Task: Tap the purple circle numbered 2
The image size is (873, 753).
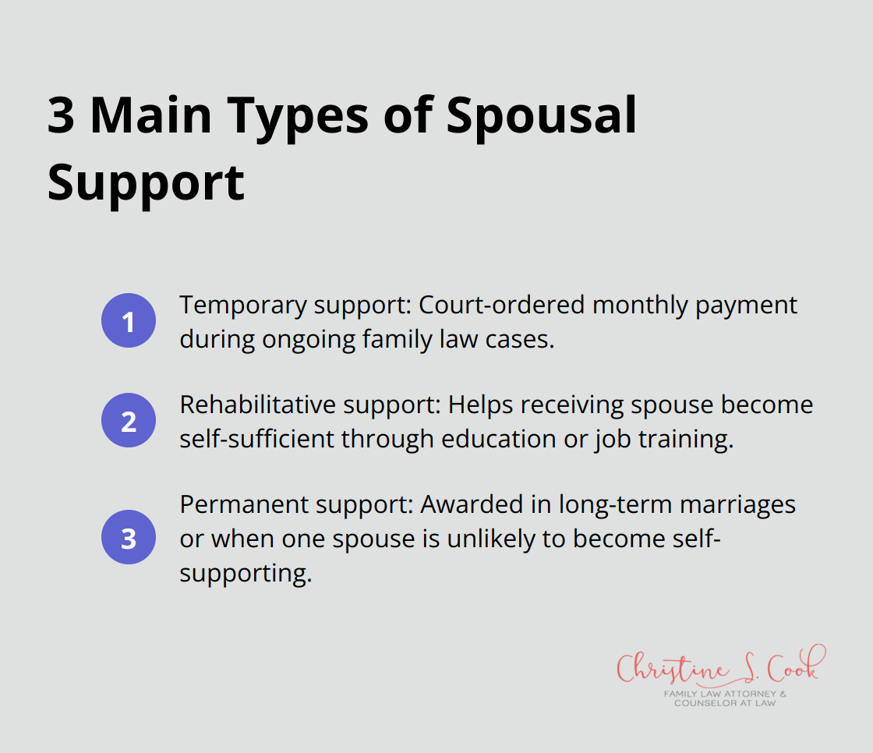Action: pos(129,422)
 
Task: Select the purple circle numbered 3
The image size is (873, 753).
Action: pos(129,538)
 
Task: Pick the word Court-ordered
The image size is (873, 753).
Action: pos(501,305)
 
